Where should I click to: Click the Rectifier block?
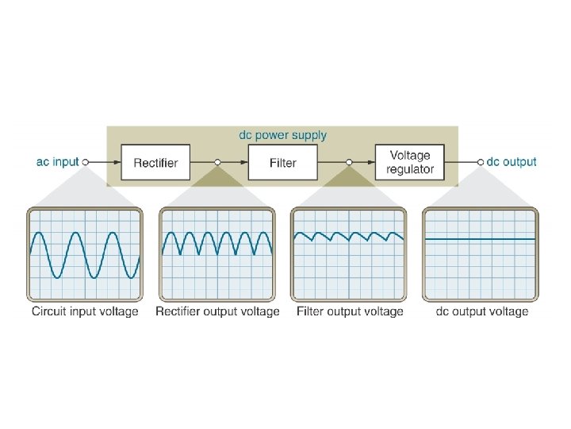(155, 163)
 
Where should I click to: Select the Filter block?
(282, 163)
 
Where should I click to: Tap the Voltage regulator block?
(410, 163)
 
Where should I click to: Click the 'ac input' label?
(58, 162)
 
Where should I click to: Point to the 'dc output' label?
(512, 162)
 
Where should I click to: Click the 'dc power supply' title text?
(282, 135)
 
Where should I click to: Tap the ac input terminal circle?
(86, 162)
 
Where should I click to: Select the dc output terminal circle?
(480, 162)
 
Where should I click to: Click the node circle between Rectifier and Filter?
(217, 162)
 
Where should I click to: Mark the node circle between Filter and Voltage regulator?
(347, 162)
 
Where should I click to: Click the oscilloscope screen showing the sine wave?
(85, 254)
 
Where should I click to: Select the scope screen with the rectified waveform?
(217, 254)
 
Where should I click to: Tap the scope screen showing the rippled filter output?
(349, 254)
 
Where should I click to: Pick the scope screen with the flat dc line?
(481, 254)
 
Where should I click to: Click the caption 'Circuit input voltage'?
(85, 312)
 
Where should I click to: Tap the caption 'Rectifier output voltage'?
(217, 312)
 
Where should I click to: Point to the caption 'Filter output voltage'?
(350, 312)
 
